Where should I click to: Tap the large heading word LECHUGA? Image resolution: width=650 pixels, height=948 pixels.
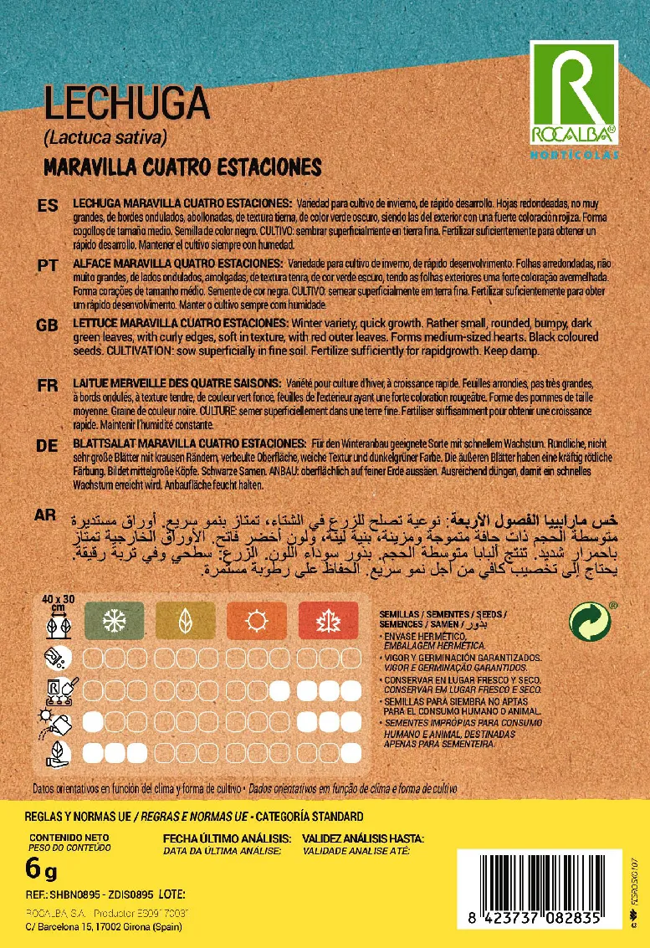click(x=125, y=105)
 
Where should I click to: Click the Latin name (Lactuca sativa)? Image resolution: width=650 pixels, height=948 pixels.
click(x=105, y=137)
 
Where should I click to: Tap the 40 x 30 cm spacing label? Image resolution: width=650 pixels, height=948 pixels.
click(x=59, y=601)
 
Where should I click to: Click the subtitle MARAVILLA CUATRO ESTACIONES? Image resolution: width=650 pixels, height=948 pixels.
click(x=182, y=167)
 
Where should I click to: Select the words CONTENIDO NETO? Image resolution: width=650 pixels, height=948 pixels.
click(x=70, y=837)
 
